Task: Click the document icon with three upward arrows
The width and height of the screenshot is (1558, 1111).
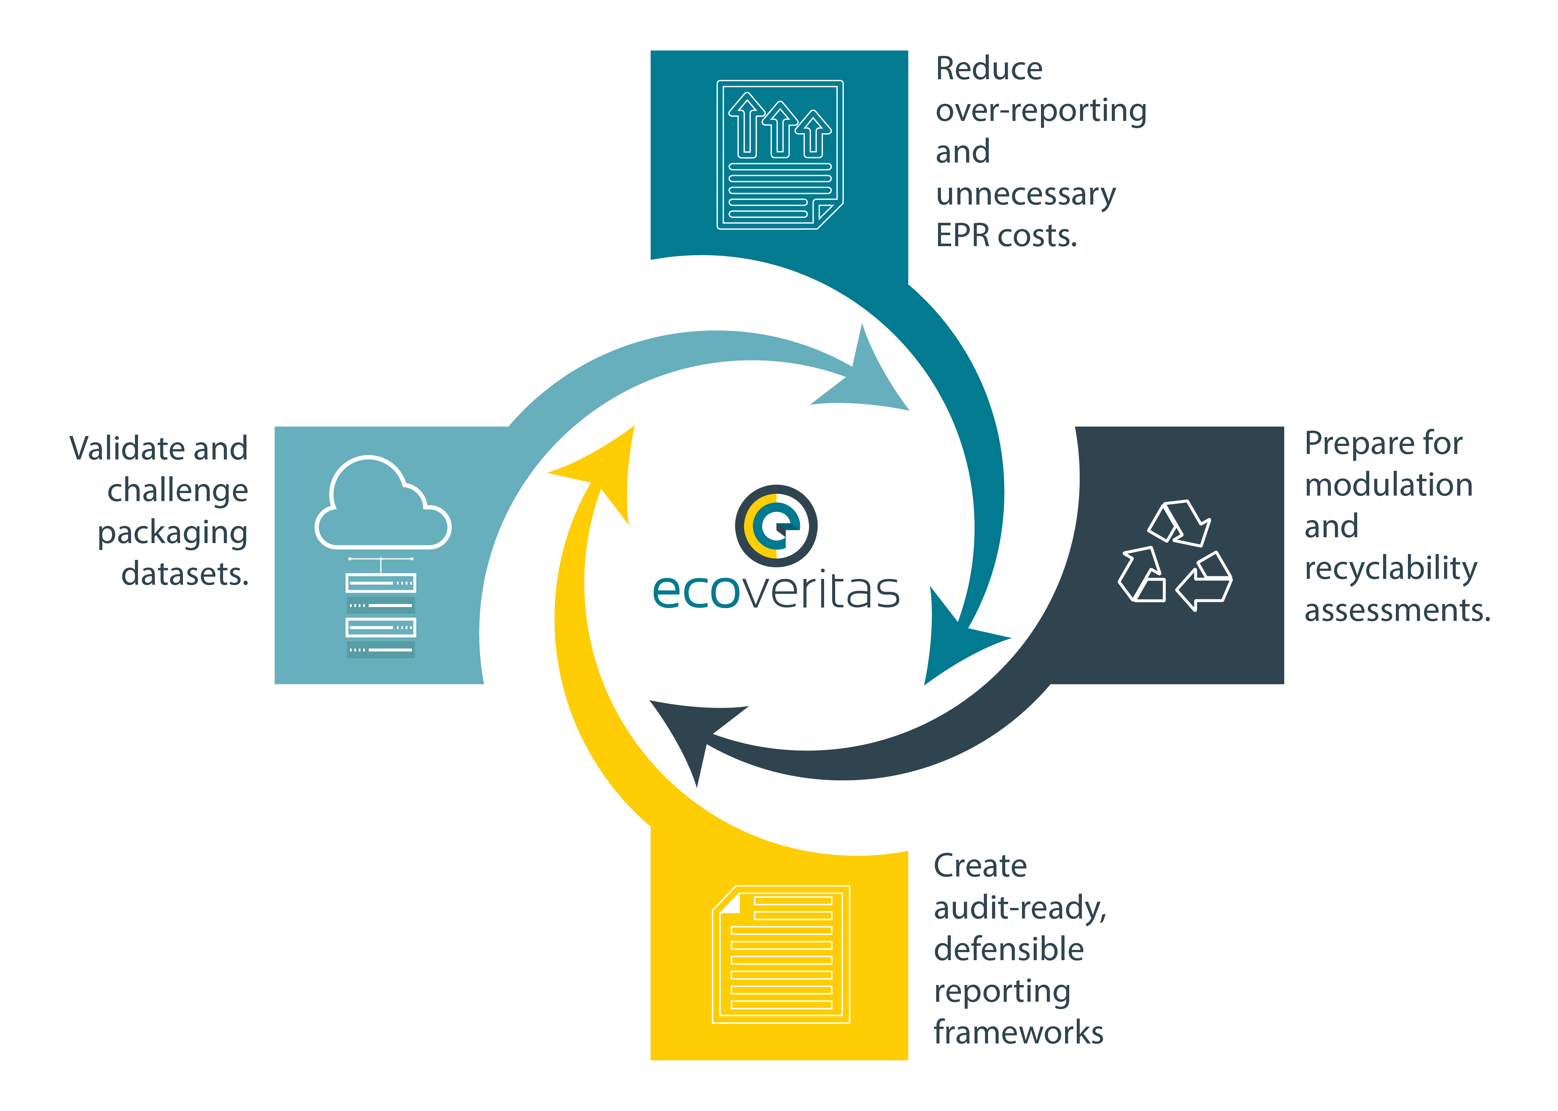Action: click(780, 154)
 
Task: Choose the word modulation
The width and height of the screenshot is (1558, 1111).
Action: click(1388, 485)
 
